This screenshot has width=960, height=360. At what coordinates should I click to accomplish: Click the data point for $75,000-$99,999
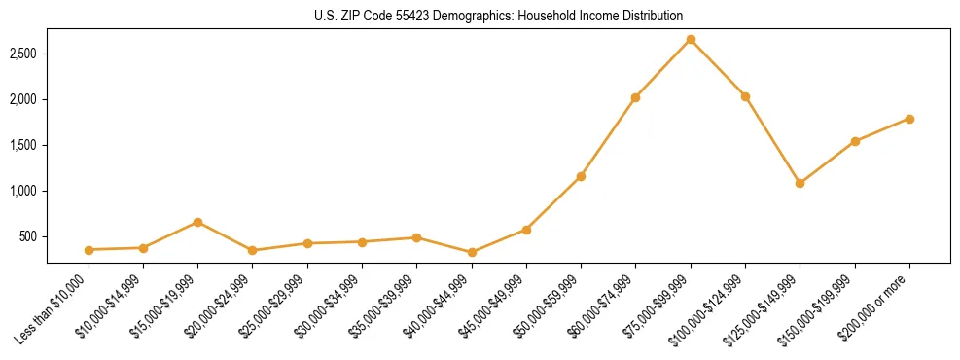tap(691, 40)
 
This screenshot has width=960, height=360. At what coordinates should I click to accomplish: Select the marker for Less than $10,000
tap(89, 250)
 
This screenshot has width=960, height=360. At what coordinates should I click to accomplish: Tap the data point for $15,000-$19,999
tap(198, 222)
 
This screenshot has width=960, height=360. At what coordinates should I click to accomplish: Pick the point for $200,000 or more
tap(909, 119)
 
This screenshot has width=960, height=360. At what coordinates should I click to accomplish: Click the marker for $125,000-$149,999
tap(800, 183)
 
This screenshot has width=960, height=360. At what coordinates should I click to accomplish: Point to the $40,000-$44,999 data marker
tap(472, 253)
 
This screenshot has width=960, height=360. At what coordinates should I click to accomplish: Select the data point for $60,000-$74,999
tap(635, 97)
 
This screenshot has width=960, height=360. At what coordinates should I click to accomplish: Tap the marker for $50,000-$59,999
tap(581, 176)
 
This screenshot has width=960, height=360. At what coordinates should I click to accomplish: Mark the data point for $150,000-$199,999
tap(855, 141)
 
